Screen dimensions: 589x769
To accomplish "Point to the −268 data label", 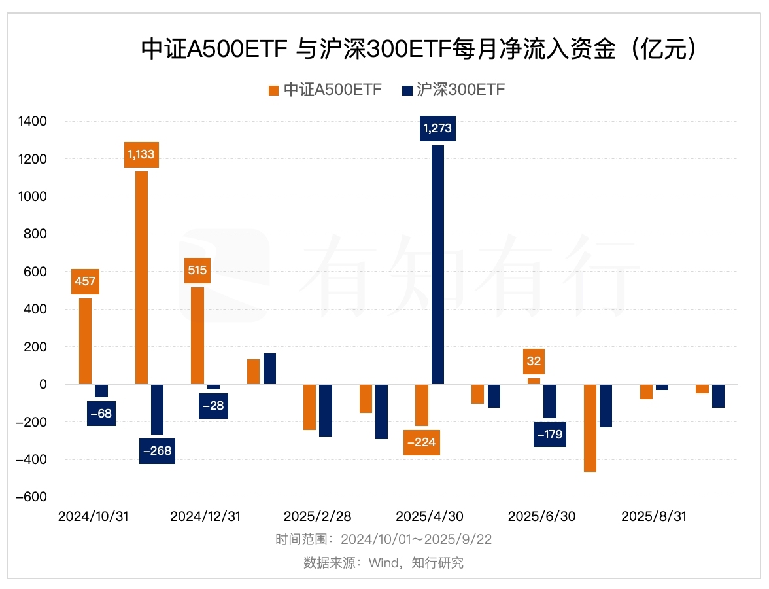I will [x=157, y=451].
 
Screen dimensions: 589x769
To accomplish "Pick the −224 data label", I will [x=421, y=442].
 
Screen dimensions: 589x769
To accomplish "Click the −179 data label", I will [x=549, y=434].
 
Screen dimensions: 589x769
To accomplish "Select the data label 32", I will [x=534, y=361].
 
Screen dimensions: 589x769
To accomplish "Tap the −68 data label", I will [x=101, y=414].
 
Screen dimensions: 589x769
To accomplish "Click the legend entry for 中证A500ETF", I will [x=325, y=90].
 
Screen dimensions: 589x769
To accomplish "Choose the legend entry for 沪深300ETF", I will [x=453, y=90].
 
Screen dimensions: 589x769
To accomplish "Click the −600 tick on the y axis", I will [x=31, y=497].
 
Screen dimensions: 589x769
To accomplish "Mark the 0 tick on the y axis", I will [x=43, y=385].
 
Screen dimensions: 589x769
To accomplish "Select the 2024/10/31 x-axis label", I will [x=93, y=516].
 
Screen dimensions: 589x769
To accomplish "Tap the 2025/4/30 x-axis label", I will [x=430, y=516].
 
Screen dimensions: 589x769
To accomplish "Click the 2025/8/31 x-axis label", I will [x=654, y=516].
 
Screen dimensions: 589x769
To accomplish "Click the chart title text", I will [x=419, y=50].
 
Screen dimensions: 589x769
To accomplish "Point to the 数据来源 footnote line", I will [x=383, y=563].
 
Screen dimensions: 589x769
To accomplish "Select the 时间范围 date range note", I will [x=383, y=540].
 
